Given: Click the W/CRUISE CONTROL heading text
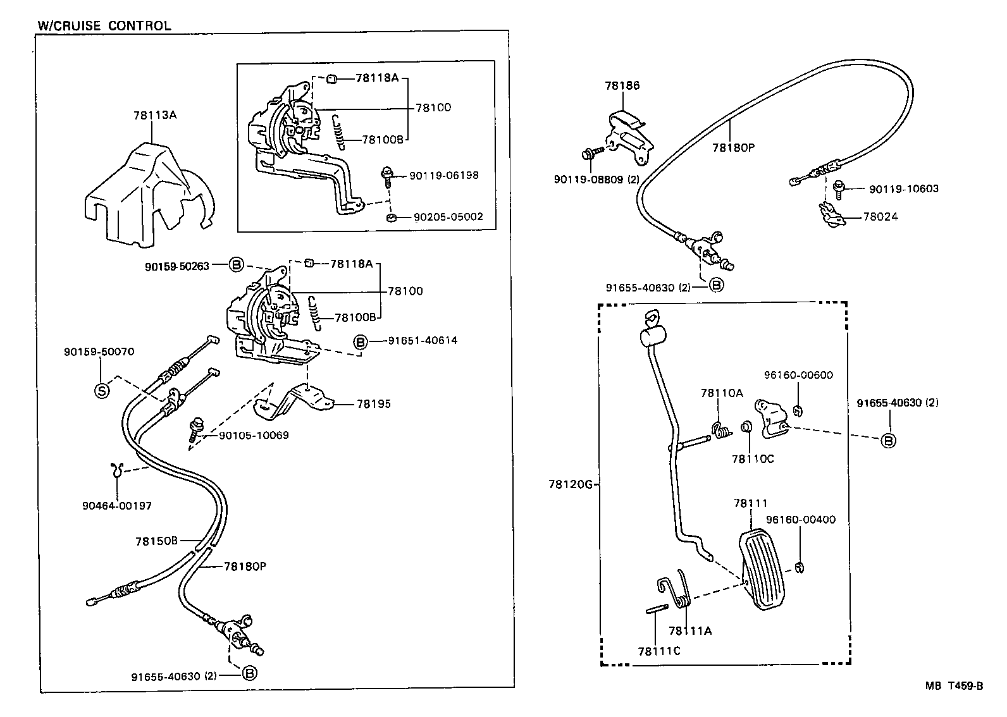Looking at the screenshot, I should tap(104, 26).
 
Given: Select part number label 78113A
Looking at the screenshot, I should tap(154, 115).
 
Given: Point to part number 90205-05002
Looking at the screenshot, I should tap(448, 216).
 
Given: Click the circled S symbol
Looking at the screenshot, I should tap(101, 391).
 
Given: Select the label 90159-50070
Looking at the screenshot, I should tap(99, 352).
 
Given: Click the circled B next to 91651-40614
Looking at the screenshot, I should tap(360, 342).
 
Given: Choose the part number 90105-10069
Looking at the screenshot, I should tap(254, 435).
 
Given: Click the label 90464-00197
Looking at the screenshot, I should tap(116, 505).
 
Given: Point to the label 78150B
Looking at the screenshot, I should tap(156, 541).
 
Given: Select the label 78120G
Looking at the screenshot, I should tap(570, 484).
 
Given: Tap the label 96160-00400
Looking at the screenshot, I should tap(800, 520).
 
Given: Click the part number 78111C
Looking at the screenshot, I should tap(658, 651).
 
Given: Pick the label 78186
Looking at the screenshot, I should tap(622, 85).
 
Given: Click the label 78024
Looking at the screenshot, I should tap(880, 216).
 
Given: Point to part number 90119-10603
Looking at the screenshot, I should tap(903, 188).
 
